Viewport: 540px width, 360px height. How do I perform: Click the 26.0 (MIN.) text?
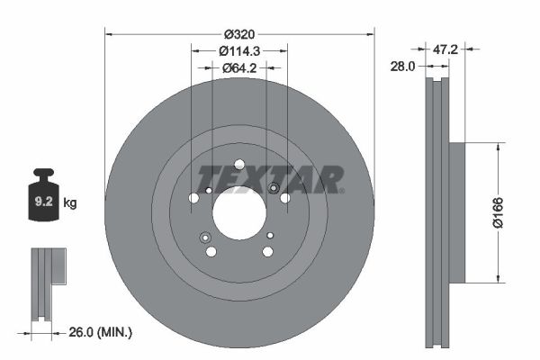click(x=101, y=333)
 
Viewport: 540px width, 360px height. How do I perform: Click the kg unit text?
click(x=70, y=203)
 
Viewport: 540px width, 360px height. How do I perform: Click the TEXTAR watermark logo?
click(x=270, y=179)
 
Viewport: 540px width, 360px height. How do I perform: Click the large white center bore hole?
click(x=239, y=214)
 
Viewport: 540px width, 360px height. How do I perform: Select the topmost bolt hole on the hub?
click(x=239, y=164)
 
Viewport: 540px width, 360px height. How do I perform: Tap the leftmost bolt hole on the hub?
click(x=193, y=198)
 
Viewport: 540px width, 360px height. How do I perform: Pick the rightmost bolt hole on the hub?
click(x=285, y=198)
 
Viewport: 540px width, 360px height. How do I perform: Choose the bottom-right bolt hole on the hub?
click(x=267, y=251)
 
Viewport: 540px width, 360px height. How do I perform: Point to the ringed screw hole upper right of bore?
click(x=274, y=187)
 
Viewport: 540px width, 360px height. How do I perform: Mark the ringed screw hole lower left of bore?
click(x=205, y=238)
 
